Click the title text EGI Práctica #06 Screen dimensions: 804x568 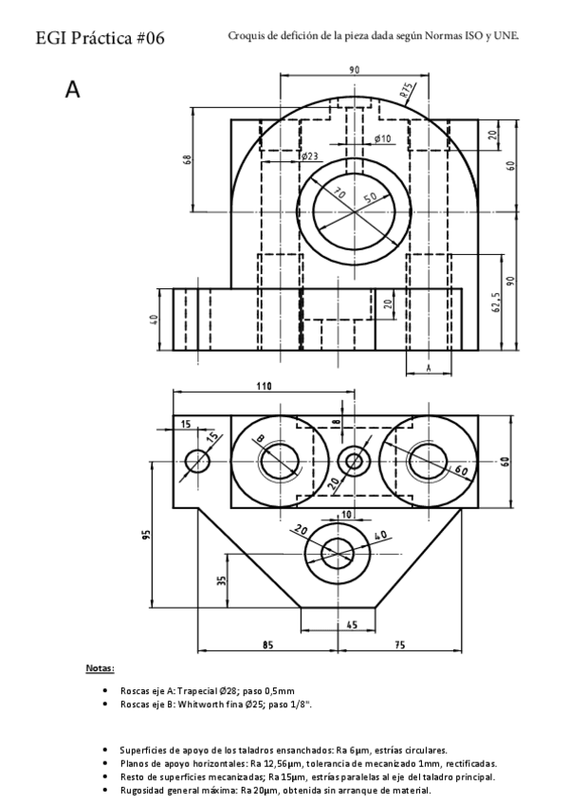pyautogui.click(x=100, y=39)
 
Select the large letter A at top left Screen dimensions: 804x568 pyautogui.click(x=72, y=89)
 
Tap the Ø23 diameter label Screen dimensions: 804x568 pyautogui.click(x=308, y=155)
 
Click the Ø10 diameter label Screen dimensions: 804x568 pyautogui.click(x=382, y=139)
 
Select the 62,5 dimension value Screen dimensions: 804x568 pyautogui.click(x=495, y=302)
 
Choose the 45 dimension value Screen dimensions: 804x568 pyautogui.click(x=351, y=625)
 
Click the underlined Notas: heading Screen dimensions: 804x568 pyautogui.click(x=100, y=668)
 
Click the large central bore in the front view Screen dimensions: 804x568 pyautogui.click(x=355, y=208)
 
